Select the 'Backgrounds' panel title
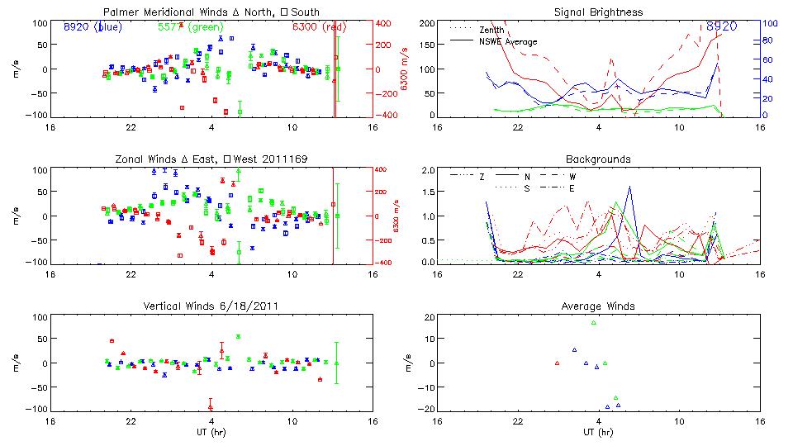(x=598, y=159)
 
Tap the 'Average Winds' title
(x=598, y=306)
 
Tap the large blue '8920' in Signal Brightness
(x=722, y=26)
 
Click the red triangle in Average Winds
(x=558, y=363)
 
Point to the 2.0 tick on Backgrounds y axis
(x=427, y=170)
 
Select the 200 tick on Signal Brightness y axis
(x=425, y=23)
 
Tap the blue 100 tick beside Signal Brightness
(x=768, y=23)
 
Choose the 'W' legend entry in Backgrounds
(x=572, y=176)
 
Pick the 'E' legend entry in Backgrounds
(x=572, y=188)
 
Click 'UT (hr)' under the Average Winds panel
(x=598, y=432)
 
